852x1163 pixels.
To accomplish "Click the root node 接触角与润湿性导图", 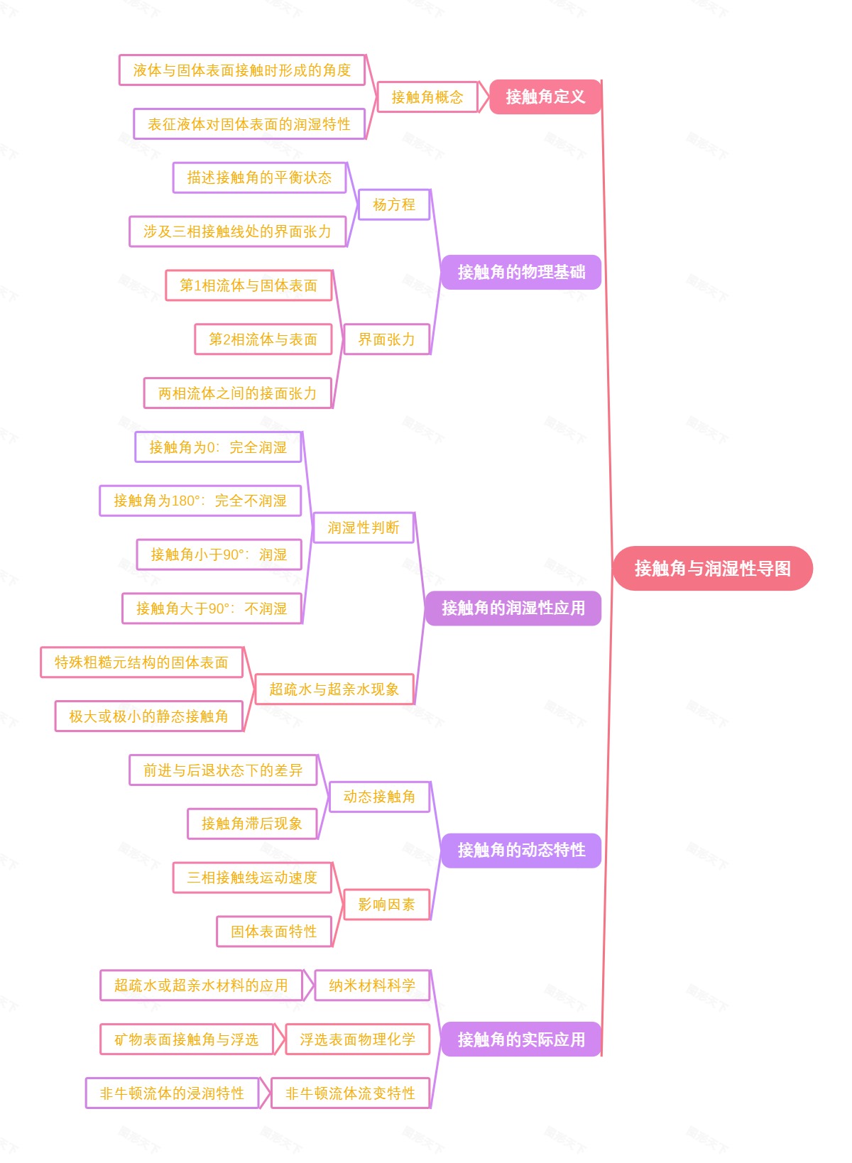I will [x=712, y=568].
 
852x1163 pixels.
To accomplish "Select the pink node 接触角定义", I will [x=545, y=97].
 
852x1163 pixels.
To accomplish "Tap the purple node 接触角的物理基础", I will [x=520, y=272].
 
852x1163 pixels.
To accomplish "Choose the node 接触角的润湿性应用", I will [x=513, y=608].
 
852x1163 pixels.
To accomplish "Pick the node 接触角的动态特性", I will [x=520, y=850].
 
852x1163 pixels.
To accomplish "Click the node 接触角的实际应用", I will [x=520, y=1039].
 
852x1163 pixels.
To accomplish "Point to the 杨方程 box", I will [x=394, y=204].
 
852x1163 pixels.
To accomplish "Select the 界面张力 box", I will [x=386, y=339].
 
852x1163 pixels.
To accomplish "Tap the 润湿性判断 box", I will [x=363, y=528].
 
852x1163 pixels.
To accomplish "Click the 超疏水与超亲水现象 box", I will [x=334, y=689].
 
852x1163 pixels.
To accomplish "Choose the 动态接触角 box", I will [x=379, y=797].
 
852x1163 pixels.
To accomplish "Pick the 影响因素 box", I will [x=386, y=905].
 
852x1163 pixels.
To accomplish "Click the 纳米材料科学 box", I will [x=372, y=985].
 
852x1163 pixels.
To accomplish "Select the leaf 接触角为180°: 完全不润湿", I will [x=200, y=501].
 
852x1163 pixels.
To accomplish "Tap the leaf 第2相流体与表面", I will [x=263, y=339].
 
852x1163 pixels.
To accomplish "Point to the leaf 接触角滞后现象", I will [x=251, y=824].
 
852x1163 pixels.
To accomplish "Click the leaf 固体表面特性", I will [x=273, y=932].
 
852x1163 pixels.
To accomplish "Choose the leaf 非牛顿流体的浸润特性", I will [x=172, y=1093].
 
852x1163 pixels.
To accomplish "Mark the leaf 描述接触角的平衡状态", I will [x=259, y=178].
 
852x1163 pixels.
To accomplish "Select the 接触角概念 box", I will [x=427, y=97].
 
